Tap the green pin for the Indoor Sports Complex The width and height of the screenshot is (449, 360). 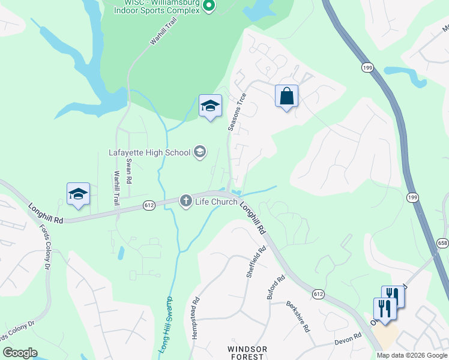209,6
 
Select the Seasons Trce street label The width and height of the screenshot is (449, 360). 237,112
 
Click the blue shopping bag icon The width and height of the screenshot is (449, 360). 287,96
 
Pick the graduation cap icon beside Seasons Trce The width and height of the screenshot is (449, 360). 210,106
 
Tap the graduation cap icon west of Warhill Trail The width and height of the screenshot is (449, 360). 78,194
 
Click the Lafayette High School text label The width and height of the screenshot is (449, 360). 149,152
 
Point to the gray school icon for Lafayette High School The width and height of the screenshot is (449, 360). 199,152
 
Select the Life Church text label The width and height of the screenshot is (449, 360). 217,202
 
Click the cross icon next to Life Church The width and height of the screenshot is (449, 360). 186,201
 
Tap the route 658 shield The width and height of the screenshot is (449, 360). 443,242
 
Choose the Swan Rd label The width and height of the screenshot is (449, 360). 128,170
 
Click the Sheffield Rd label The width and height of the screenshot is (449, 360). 256,262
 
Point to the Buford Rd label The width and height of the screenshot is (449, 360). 277,288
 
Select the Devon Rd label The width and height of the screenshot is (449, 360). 348,340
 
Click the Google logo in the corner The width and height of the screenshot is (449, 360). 20,353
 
